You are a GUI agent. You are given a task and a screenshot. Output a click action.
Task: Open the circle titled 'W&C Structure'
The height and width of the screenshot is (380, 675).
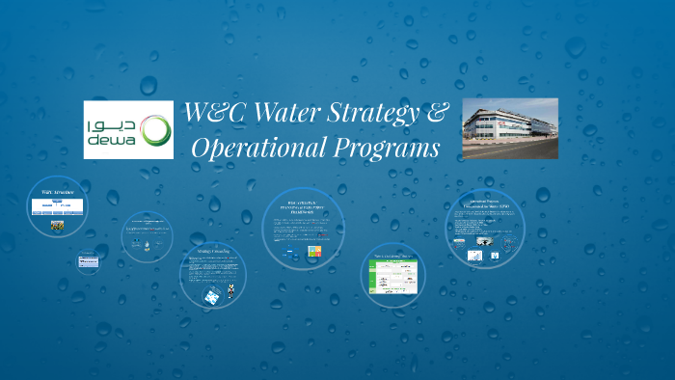pos(57,206)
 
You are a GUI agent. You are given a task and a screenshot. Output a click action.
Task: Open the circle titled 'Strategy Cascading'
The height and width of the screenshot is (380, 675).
pos(213,274)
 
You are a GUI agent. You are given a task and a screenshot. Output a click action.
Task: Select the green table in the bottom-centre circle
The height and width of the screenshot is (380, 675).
pos(393,280)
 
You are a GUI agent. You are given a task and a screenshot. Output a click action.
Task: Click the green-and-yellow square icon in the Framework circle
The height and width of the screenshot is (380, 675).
pos(313,252)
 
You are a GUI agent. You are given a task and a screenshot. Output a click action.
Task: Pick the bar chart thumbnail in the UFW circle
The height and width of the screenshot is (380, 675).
pos(475,255)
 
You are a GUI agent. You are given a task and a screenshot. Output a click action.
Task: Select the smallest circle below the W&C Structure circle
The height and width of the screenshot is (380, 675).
pos(89,260)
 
